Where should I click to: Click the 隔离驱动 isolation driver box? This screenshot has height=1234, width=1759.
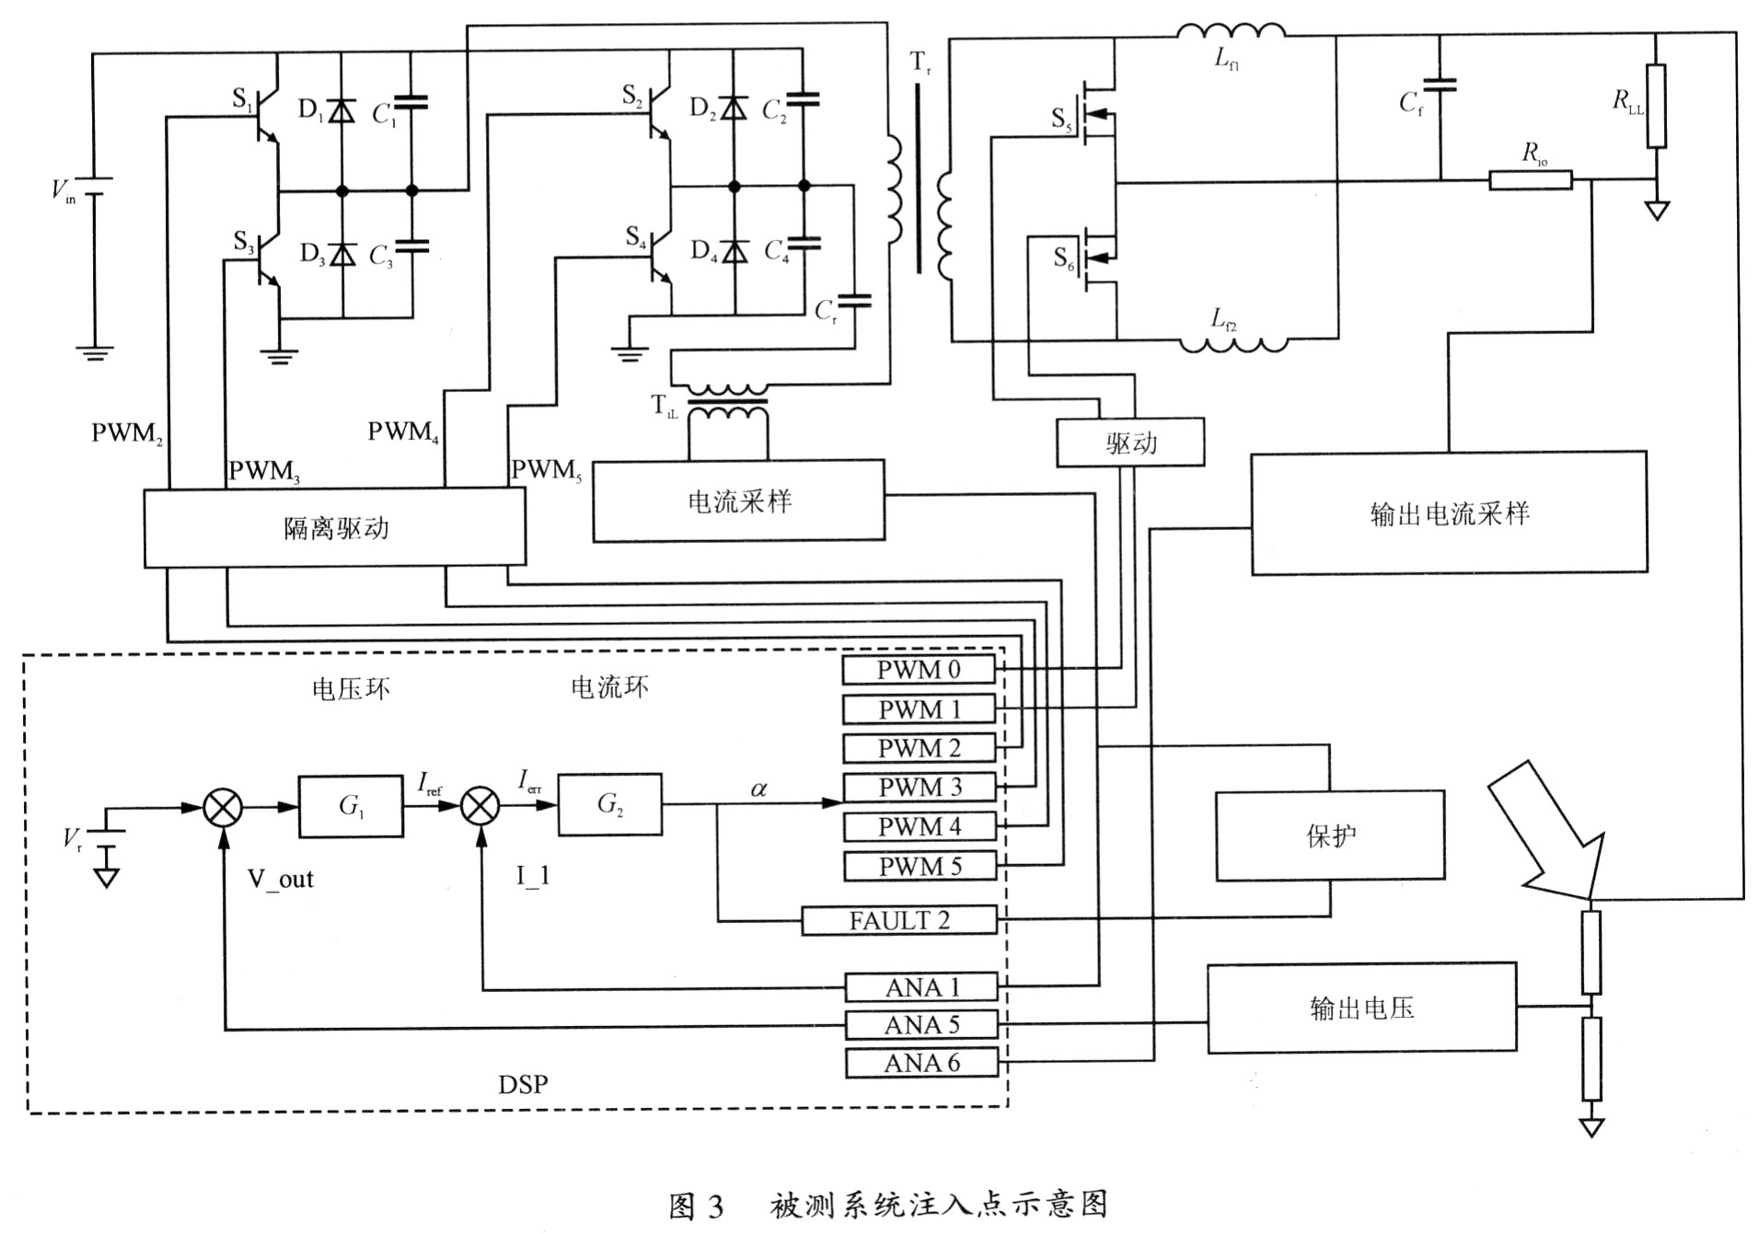335,526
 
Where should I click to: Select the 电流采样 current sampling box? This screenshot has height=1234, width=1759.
738,501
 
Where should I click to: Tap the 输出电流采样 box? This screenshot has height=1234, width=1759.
1449,513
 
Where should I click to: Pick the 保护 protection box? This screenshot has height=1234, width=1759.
1330,836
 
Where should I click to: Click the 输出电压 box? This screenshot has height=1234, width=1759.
1361,1008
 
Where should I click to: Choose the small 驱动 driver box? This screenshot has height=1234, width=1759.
1130,443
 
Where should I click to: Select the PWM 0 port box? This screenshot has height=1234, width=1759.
919,669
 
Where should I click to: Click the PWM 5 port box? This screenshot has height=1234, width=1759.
919,866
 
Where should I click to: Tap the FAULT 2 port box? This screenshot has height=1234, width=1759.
899,920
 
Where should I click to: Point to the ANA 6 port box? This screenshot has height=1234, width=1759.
921,1063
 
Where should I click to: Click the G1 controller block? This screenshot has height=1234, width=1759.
351,806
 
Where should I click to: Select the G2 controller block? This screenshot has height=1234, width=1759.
609,804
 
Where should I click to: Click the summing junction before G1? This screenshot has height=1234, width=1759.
223,808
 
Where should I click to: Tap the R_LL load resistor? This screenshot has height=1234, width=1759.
1656,106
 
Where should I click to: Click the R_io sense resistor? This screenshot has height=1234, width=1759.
1530,179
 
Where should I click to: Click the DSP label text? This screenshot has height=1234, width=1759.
523,1084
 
